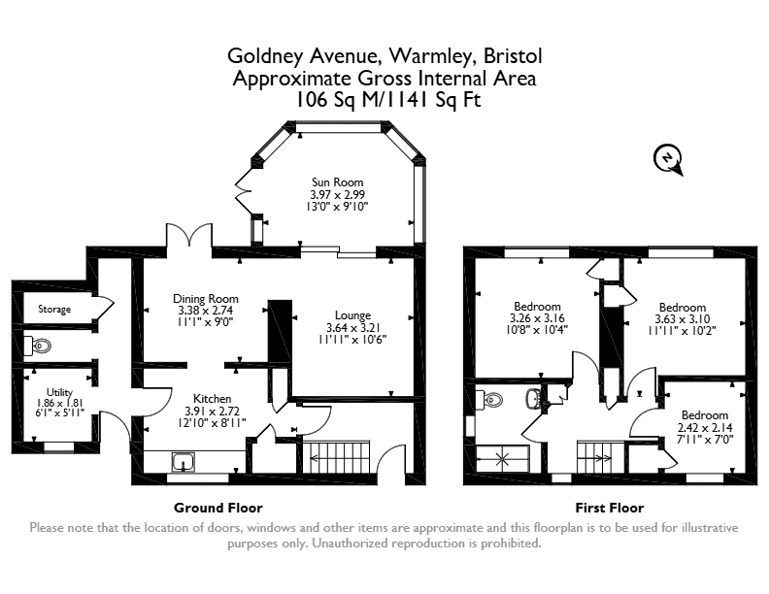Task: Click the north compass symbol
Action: pos(668,159)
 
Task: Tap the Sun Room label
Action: pos(338,182)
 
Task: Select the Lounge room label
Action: pos(352,315)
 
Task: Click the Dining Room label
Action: pos(206,299)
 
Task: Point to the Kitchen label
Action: pos(212,399)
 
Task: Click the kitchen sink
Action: pos(184,462)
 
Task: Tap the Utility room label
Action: pos(59,392)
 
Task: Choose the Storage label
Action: pos(54,310)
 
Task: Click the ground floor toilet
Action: pos(37,346)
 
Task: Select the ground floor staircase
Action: pos(336,457)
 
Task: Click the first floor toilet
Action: pos(489,400)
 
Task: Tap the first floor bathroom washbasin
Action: pos(533,399)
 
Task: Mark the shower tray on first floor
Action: pos(502,459)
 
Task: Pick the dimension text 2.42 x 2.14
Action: pos(705,427)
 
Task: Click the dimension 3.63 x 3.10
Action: pos(683,319)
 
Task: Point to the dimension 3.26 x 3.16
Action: pos(537,318)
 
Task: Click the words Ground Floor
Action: pos(218,508)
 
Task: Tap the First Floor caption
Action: pos(609,508)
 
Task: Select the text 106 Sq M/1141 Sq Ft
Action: pos(387,100)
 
